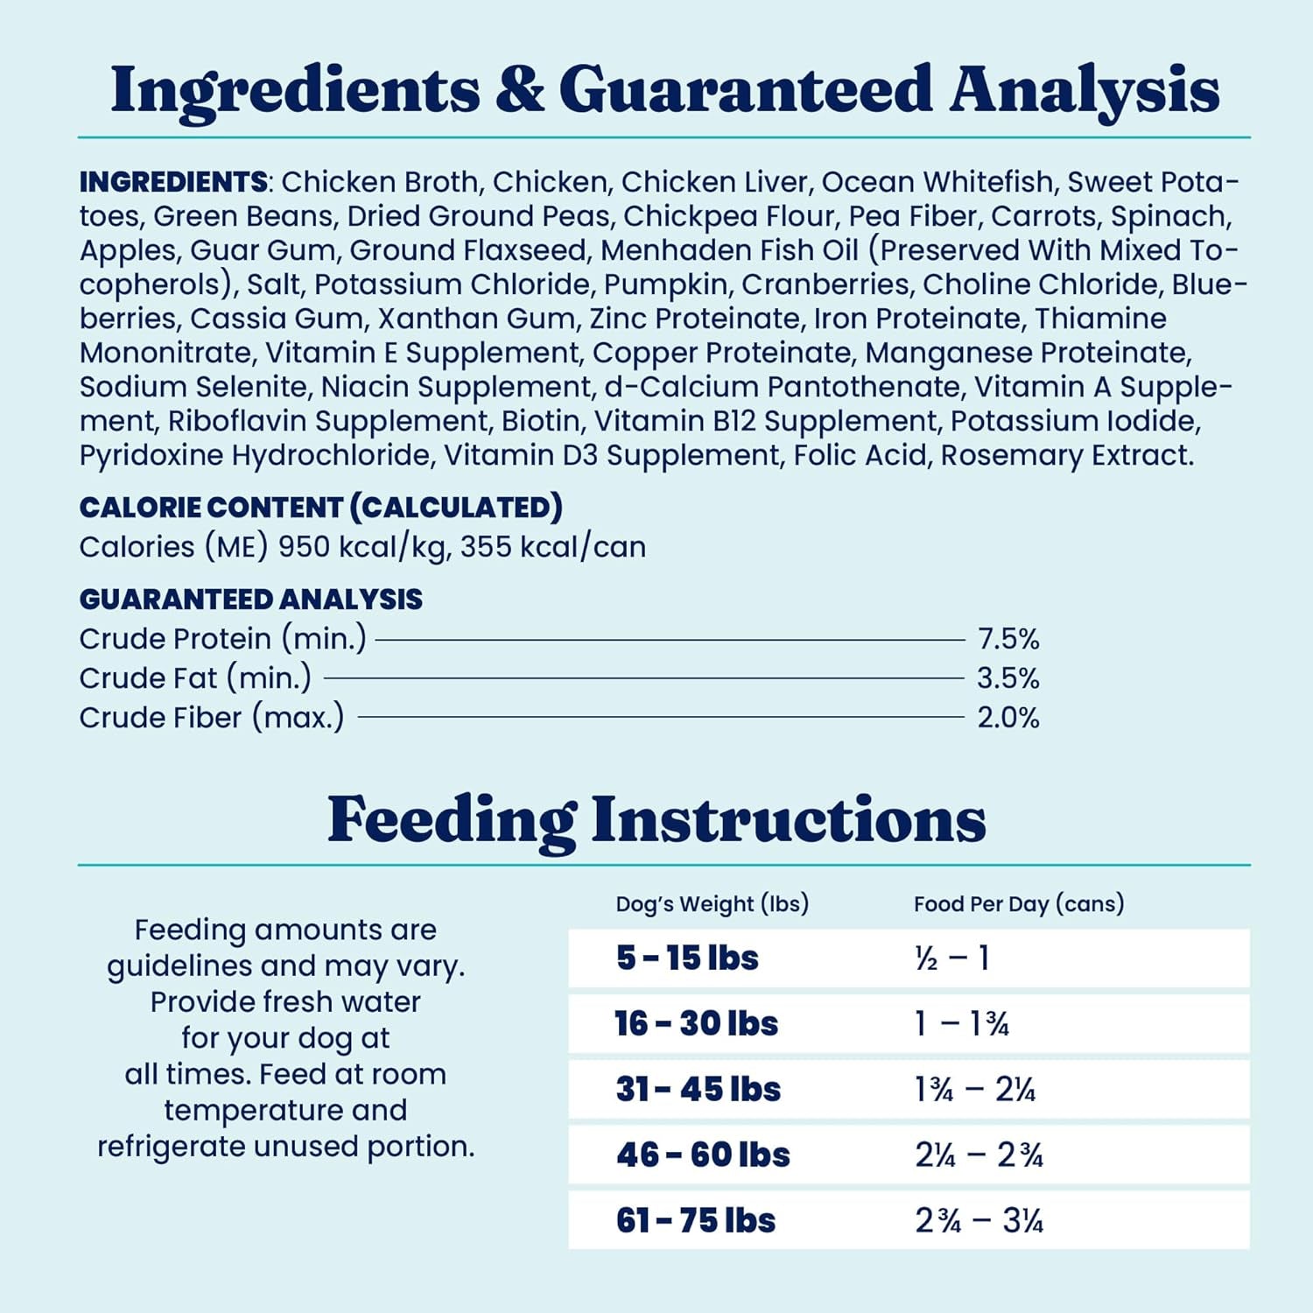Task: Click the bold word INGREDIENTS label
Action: click(x=173, y=182)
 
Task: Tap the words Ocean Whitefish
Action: click(x=937, y=182)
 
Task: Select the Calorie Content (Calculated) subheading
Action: click(x=320, y=508)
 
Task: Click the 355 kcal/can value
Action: click(x=553, y=547)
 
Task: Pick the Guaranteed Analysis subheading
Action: click(x=250, y=600)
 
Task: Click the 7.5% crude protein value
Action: click(x=1008, y=639)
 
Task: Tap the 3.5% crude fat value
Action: click(x=1008, y=678)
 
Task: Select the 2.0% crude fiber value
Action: click(x=1008, y=718)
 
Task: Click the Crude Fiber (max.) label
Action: click(x=211, y=718)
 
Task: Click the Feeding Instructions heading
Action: click(x=656, y=820)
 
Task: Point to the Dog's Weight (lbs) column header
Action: click(x=712, y=903)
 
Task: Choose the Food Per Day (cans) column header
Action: click(x=1018, y=903)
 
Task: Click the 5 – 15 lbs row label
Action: click(x=687, y=958)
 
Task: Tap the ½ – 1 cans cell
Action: click(x=951, y=958)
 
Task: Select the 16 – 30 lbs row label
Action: click(x=696, y=1023)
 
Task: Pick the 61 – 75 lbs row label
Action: click(x=695, y=1220)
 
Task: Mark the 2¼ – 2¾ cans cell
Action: click(x=979, y=1155)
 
